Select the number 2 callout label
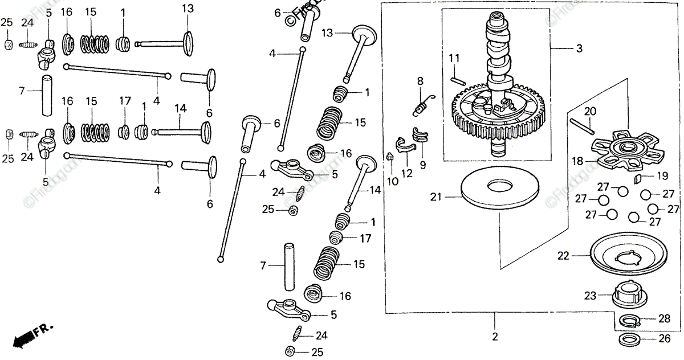(x=495, y=337)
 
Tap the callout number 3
(x=579, y=49)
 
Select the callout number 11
(x=454, y=58)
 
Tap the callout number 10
(x=393, y=181)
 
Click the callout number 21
(x=436, y=197)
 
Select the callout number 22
(x=563, y=256)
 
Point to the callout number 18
(x=577, y=161)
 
